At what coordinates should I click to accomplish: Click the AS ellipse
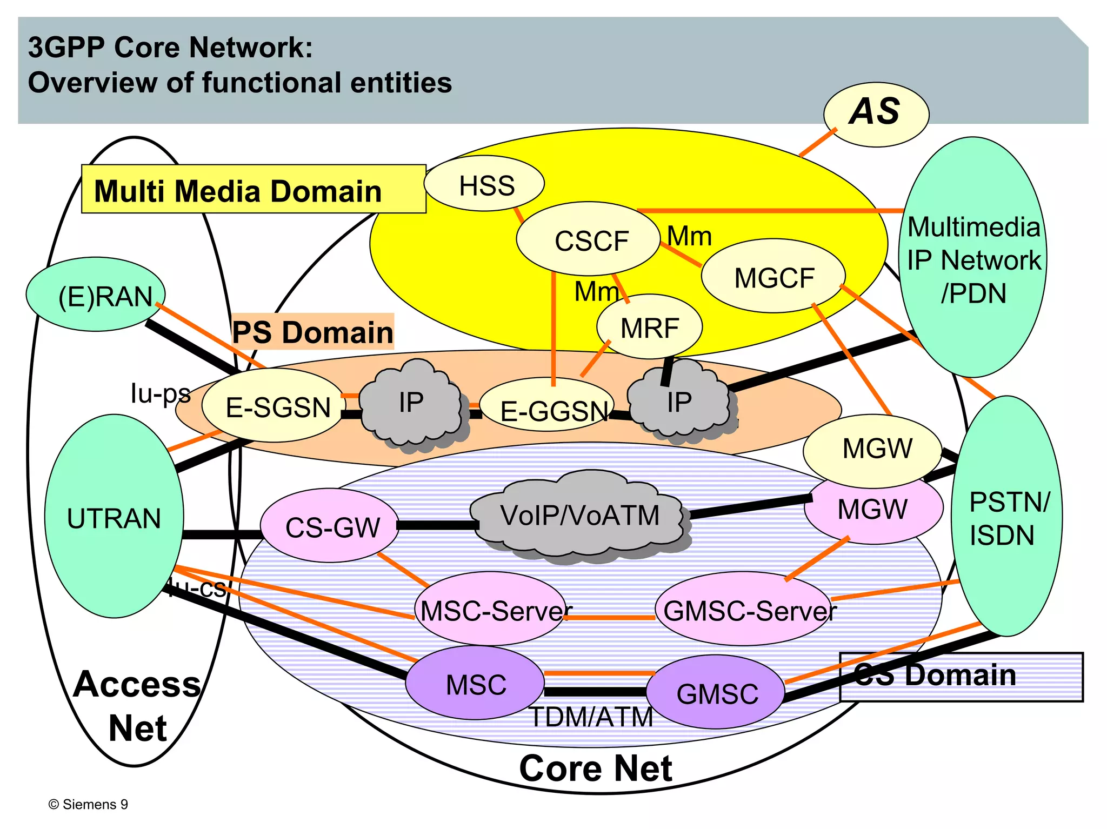click(876, 114)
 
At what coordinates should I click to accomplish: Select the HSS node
click(484, 185)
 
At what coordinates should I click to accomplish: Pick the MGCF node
click(773, 277)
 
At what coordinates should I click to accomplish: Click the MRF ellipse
click(649, 327)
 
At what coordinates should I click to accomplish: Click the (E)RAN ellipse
click(96, 295)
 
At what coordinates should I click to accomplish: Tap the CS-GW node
click(330, 526)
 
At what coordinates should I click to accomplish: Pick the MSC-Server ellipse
click(491, 610)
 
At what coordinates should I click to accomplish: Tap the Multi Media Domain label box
click(253, 190)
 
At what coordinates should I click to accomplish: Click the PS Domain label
click(312, 331)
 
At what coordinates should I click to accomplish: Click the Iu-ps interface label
click(160, 393)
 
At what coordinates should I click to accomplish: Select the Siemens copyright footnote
click(88, 804)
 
